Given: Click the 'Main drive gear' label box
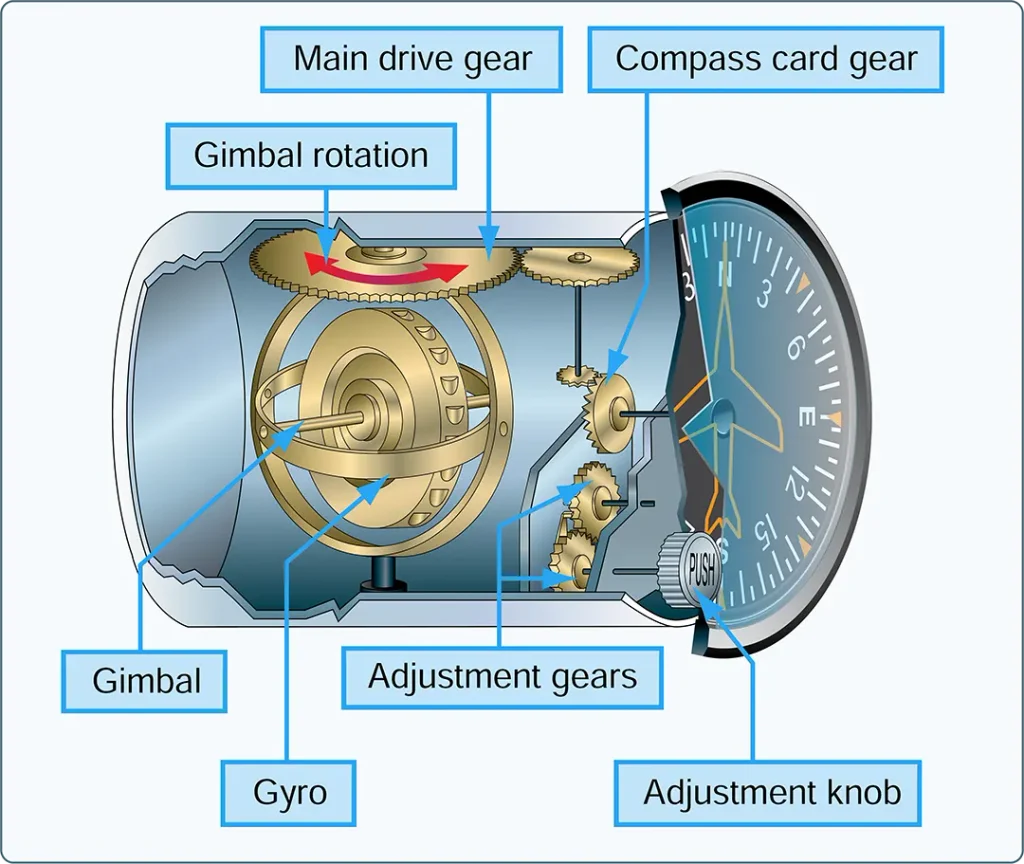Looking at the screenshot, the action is click(x=411, y=59).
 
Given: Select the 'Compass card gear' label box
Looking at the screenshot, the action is click(x=766, y=59).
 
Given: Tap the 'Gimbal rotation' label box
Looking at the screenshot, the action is click(x=311, y=156).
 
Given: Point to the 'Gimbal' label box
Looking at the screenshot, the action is click(x=144, y=680).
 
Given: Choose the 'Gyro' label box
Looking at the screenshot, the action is click(x=289, y=793).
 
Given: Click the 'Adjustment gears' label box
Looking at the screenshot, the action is click(x=502, y=677).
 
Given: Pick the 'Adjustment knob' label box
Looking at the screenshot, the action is click(x=768, y=793).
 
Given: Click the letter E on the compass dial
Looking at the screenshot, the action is click(x=806, y=416).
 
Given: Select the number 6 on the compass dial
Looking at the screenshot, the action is click(x=794, y=349).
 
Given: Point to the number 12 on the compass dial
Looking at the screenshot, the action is click(x=797, y=484).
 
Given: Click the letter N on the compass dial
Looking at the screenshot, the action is click(x=724, y=274).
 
